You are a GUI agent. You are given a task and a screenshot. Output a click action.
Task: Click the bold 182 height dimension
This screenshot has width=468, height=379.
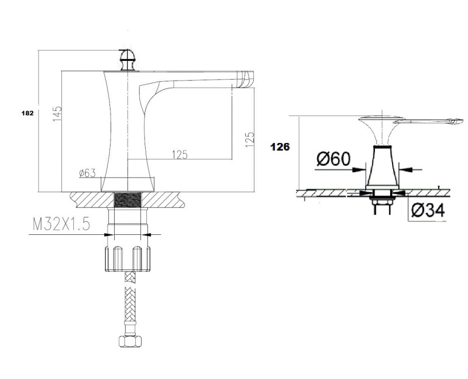(27, 113)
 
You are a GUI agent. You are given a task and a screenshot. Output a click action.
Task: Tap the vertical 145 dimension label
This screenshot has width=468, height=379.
(57, 114)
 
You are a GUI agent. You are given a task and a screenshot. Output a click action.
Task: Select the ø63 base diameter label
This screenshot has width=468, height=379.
(87, 173)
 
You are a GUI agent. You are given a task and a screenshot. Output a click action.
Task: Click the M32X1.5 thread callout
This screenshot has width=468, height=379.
(61, 224)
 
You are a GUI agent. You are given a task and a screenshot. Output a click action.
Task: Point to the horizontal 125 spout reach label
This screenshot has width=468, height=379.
(180, 155)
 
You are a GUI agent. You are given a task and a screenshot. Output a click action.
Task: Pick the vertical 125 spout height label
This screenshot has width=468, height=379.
(250, 139)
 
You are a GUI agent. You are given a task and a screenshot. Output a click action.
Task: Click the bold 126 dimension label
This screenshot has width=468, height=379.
(280, 147)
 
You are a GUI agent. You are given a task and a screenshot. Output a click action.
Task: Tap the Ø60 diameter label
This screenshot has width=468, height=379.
(333, 159)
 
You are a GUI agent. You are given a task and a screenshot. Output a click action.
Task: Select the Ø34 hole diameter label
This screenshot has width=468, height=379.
(428, 210)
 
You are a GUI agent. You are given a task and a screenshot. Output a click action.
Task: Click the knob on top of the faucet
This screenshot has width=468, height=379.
(128, 60)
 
